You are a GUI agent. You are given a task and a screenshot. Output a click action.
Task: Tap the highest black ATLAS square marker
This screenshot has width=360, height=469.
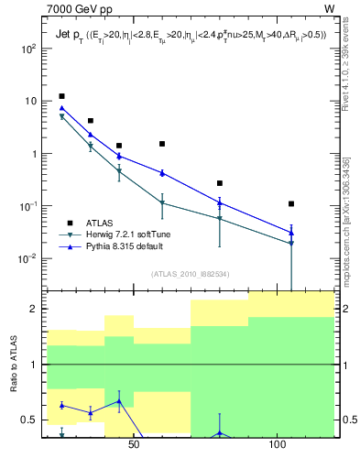[61, 96]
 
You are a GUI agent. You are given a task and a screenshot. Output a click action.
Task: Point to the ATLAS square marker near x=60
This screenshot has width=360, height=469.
[162, 144]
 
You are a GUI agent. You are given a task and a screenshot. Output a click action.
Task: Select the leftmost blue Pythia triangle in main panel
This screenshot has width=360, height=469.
[61, 108]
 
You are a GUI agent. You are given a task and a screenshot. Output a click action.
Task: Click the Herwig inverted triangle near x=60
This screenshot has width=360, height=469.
[162, 203]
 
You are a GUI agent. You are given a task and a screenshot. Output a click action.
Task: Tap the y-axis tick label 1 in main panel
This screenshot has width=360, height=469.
[34, 154]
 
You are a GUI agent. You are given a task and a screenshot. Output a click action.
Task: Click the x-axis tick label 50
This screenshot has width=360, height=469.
[134, 446]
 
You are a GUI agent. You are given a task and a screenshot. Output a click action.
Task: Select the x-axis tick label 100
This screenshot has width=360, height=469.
[277, 446]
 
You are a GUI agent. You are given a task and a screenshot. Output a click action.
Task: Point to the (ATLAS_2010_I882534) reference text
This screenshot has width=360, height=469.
[190, 273]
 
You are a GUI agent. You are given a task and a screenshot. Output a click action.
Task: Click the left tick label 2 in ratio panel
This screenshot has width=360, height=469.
[35, 309]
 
